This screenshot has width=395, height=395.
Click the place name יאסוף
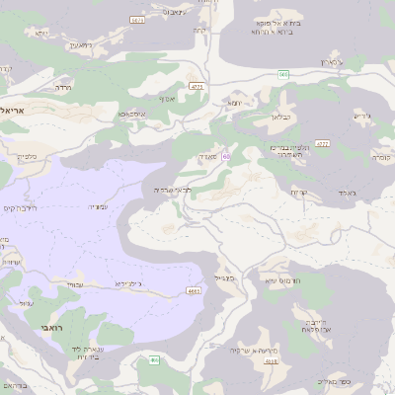[x=166, y=99]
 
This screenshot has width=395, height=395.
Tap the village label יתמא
[x=234, y=102]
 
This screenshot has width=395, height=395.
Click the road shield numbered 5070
[x=137, y=19]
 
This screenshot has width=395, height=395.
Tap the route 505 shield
[x=283, y=74]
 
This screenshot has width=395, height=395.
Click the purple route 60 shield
[x=226, y=156]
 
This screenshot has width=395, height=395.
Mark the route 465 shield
[x=193, y=290]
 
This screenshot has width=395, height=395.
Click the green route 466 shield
[x=153, y=359]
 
